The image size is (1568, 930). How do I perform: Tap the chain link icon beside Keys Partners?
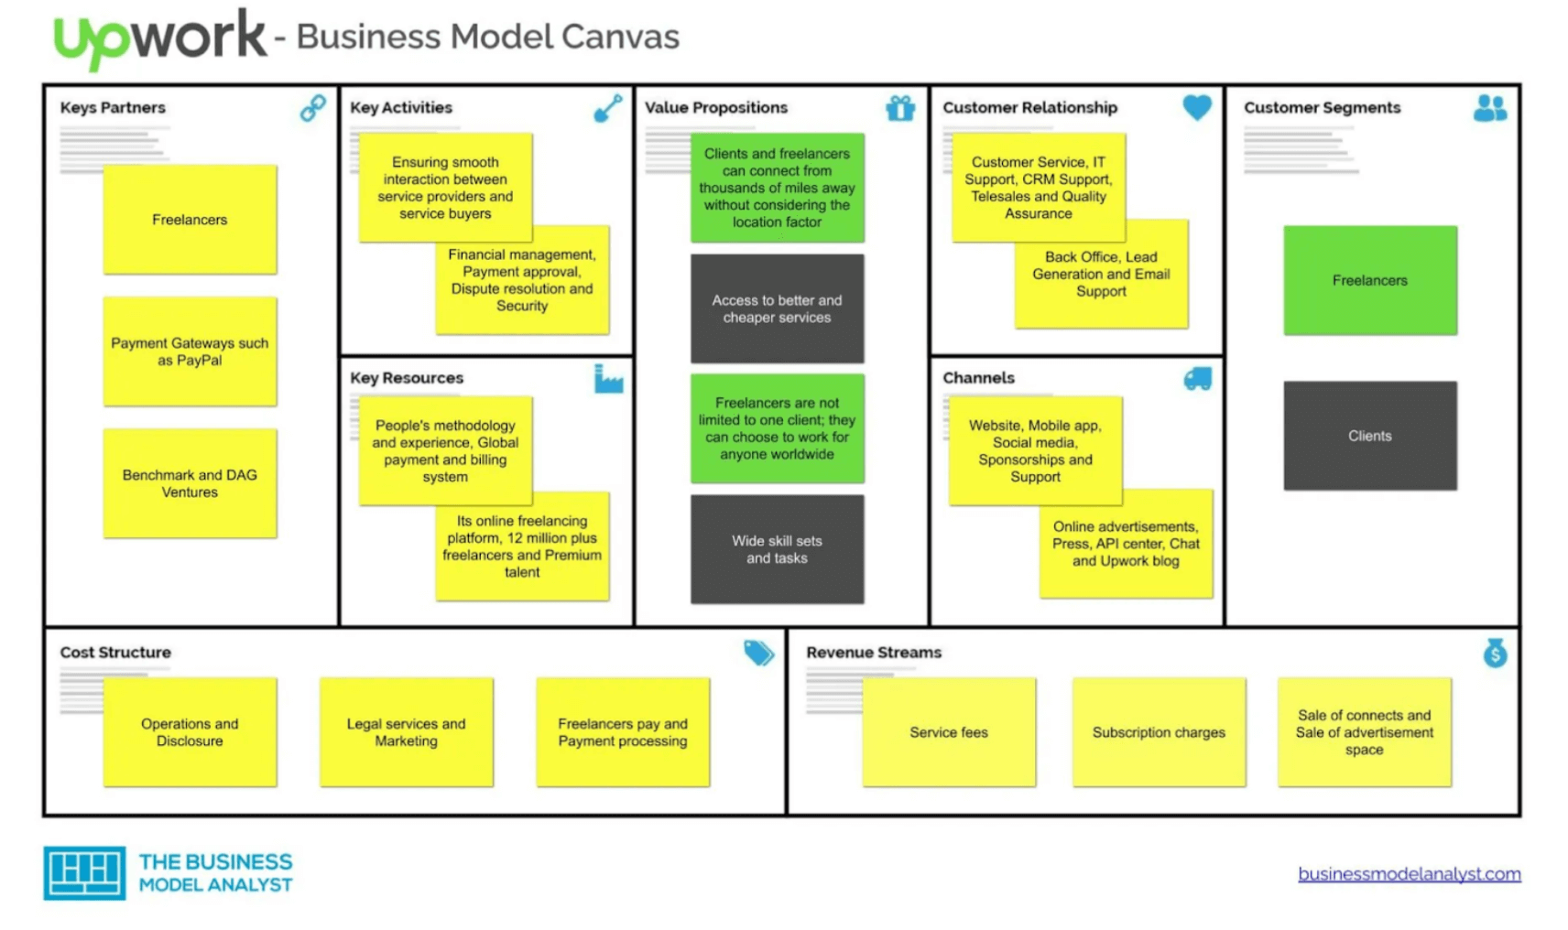point(313,108)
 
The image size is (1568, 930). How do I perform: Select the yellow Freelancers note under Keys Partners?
point(190,220)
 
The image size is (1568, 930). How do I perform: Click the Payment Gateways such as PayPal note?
point(190,351)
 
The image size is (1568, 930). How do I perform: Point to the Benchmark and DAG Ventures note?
point(190,483)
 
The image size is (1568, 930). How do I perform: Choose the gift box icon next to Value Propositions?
point(900,108)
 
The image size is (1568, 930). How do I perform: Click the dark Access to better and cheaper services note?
point(777,308)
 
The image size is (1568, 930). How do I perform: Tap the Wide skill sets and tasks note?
point(777,549)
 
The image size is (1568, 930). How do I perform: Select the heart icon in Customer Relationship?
point(1196,107)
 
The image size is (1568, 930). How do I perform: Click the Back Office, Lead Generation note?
point(1102,275)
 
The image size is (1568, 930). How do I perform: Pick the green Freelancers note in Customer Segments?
point(1369,280)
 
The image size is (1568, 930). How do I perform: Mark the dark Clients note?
point(1369,436)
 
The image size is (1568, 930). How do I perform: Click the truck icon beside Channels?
point(1197,378)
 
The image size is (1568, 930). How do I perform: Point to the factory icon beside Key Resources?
point(608,378)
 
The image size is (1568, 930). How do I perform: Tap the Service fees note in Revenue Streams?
point(949,732)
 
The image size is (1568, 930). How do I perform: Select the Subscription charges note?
point(1159,732)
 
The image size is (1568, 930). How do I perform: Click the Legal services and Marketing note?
point(406,732)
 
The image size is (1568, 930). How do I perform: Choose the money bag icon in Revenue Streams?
point(1495,653)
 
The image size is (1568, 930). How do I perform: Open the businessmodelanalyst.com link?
point(1409,873)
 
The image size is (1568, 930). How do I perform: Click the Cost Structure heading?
point(115,653)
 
